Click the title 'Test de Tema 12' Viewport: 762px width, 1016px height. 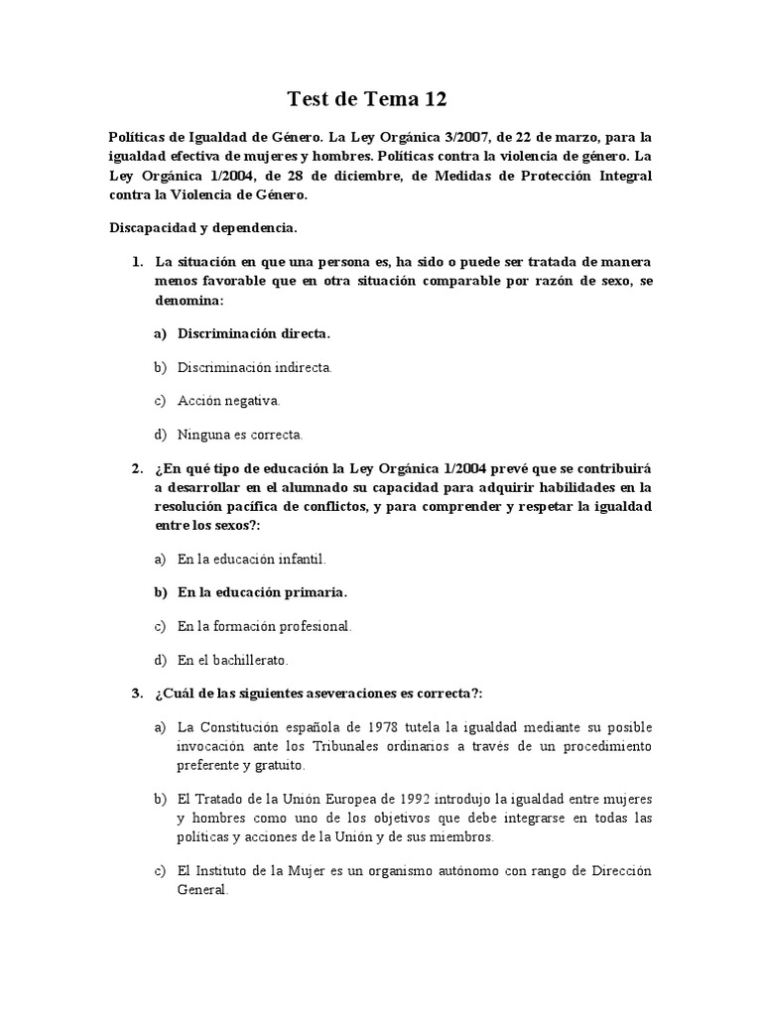tap(368, 98)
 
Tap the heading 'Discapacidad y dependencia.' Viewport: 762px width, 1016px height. tap(203, 227)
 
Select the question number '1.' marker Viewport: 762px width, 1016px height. tap(138, 262)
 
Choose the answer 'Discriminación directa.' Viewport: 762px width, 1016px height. tap(254, 333)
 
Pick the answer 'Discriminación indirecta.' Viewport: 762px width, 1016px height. tap(255, 367)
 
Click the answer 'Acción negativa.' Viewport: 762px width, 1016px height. tap(229, 401)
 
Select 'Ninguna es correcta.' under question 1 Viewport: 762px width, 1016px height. tap(240, 435)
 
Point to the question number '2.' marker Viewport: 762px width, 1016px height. tap(138, 468)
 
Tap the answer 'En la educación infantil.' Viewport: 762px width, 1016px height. tap(252, 560)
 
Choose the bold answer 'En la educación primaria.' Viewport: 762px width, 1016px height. tap(263, 592)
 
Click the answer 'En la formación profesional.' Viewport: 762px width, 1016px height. tap(265, 626)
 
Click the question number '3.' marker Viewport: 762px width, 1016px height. tap(138, 694)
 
